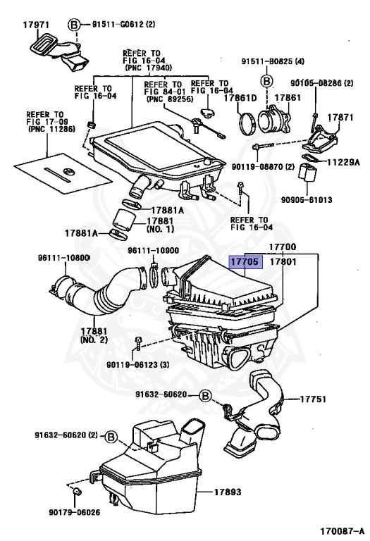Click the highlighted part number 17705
pyautogui.click(x=245, y=262)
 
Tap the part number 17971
pyautogui.click(x=36, y=25)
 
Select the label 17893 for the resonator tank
pyautogui.click(x=228, y=492)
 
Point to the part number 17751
pyautogui.click(x=313, y=399)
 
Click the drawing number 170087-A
pyautogui.click(x=342, y=530)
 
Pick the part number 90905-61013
pyautogui.click(x=307, y=200)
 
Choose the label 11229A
pyautogui.click(x=343, y=162)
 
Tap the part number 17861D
pyautogui.click(x=240, y=98)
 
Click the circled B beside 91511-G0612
pyautogui.click(x=73, y=25)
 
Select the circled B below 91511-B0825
pyautogui.click(x=266, y=82)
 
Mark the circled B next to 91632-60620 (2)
pyautogui.click(x=111, y=437)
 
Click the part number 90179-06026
pyautogui.click(x=75, y=512)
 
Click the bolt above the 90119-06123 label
pyautogui.click(x=138, y=342)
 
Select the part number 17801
pyautogui.click(x=283, y=262)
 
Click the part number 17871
pyautogui.click(x=340, y=118)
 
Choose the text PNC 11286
pyautogui.click(x=51, y=130)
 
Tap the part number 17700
pyautogui.click(x=283, y=247)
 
